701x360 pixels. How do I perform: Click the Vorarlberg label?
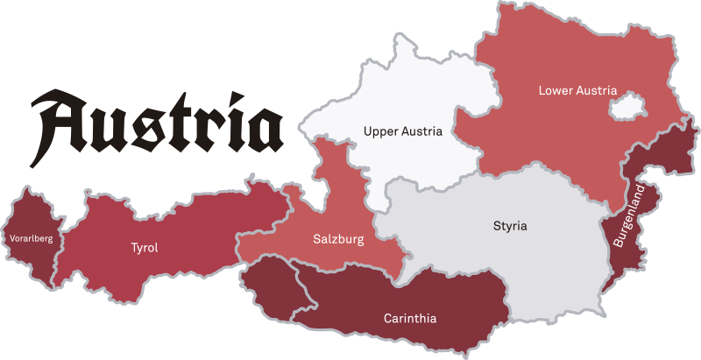point(32,237)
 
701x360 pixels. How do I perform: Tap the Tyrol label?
point(145,248)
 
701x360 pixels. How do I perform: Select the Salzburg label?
point(338,238)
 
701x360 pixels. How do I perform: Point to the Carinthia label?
point(410,318)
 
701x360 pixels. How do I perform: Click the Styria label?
point(510,226)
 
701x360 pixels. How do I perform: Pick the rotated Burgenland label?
point(627,215)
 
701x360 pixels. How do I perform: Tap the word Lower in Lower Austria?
point(556,90)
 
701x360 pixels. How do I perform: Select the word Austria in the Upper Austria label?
point(423,131)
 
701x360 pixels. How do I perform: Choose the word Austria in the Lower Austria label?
point(598,90)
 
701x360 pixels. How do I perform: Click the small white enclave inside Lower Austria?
point(627,109)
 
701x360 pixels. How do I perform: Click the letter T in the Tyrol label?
point(134,248)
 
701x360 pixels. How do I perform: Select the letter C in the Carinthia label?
point(388,318)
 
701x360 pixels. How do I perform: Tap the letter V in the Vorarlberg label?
point(11,237)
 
